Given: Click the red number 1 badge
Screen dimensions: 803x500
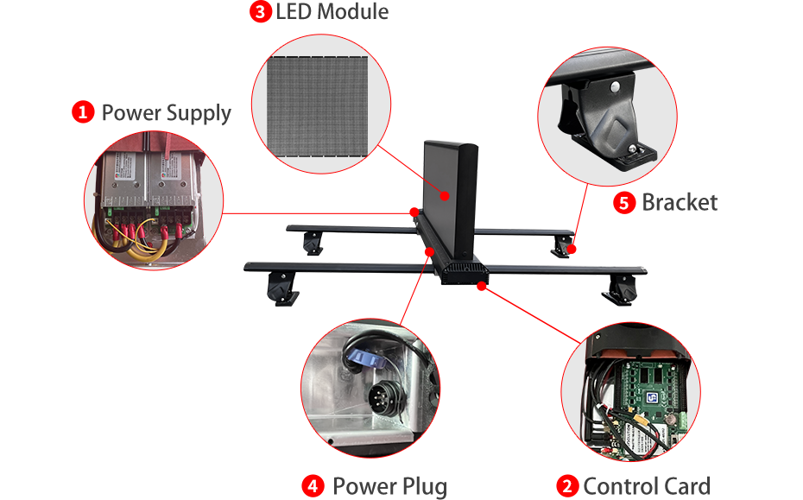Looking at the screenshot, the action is pyautogui.click(x=83, y=112).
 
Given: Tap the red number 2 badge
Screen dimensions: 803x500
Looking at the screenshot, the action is pyautogui.click(x=567, y=486).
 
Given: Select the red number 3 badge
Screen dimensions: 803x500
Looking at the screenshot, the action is pyautogui.click(x=260, y=11).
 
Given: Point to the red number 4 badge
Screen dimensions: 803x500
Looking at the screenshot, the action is pyautogui.click(x=313, y=486).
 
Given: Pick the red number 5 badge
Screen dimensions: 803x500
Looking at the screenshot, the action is pyautogui.click(x=624, y=203).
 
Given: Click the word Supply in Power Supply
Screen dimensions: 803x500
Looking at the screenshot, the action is pyautogui.click(x=199, y=114).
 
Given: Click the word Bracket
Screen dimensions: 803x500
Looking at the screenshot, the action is pyautogui.click(x=680, y=202).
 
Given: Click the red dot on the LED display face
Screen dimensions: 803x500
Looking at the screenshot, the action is pyautogui.click(x=445, y=196).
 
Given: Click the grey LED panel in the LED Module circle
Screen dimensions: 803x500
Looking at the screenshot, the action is pyautogui.click(x=317, y=106).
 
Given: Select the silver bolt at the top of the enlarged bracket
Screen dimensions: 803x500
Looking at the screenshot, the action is pyautogui.click(x=615, y=86).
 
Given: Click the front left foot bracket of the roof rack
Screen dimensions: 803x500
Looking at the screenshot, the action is pyautogui.click(x=281, y=288).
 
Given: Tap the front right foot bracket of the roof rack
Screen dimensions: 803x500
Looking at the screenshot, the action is pyautogui.click(x=621, y=290).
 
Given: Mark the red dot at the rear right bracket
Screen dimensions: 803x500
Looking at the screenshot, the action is pyautogui.click(x=572, y=249).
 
